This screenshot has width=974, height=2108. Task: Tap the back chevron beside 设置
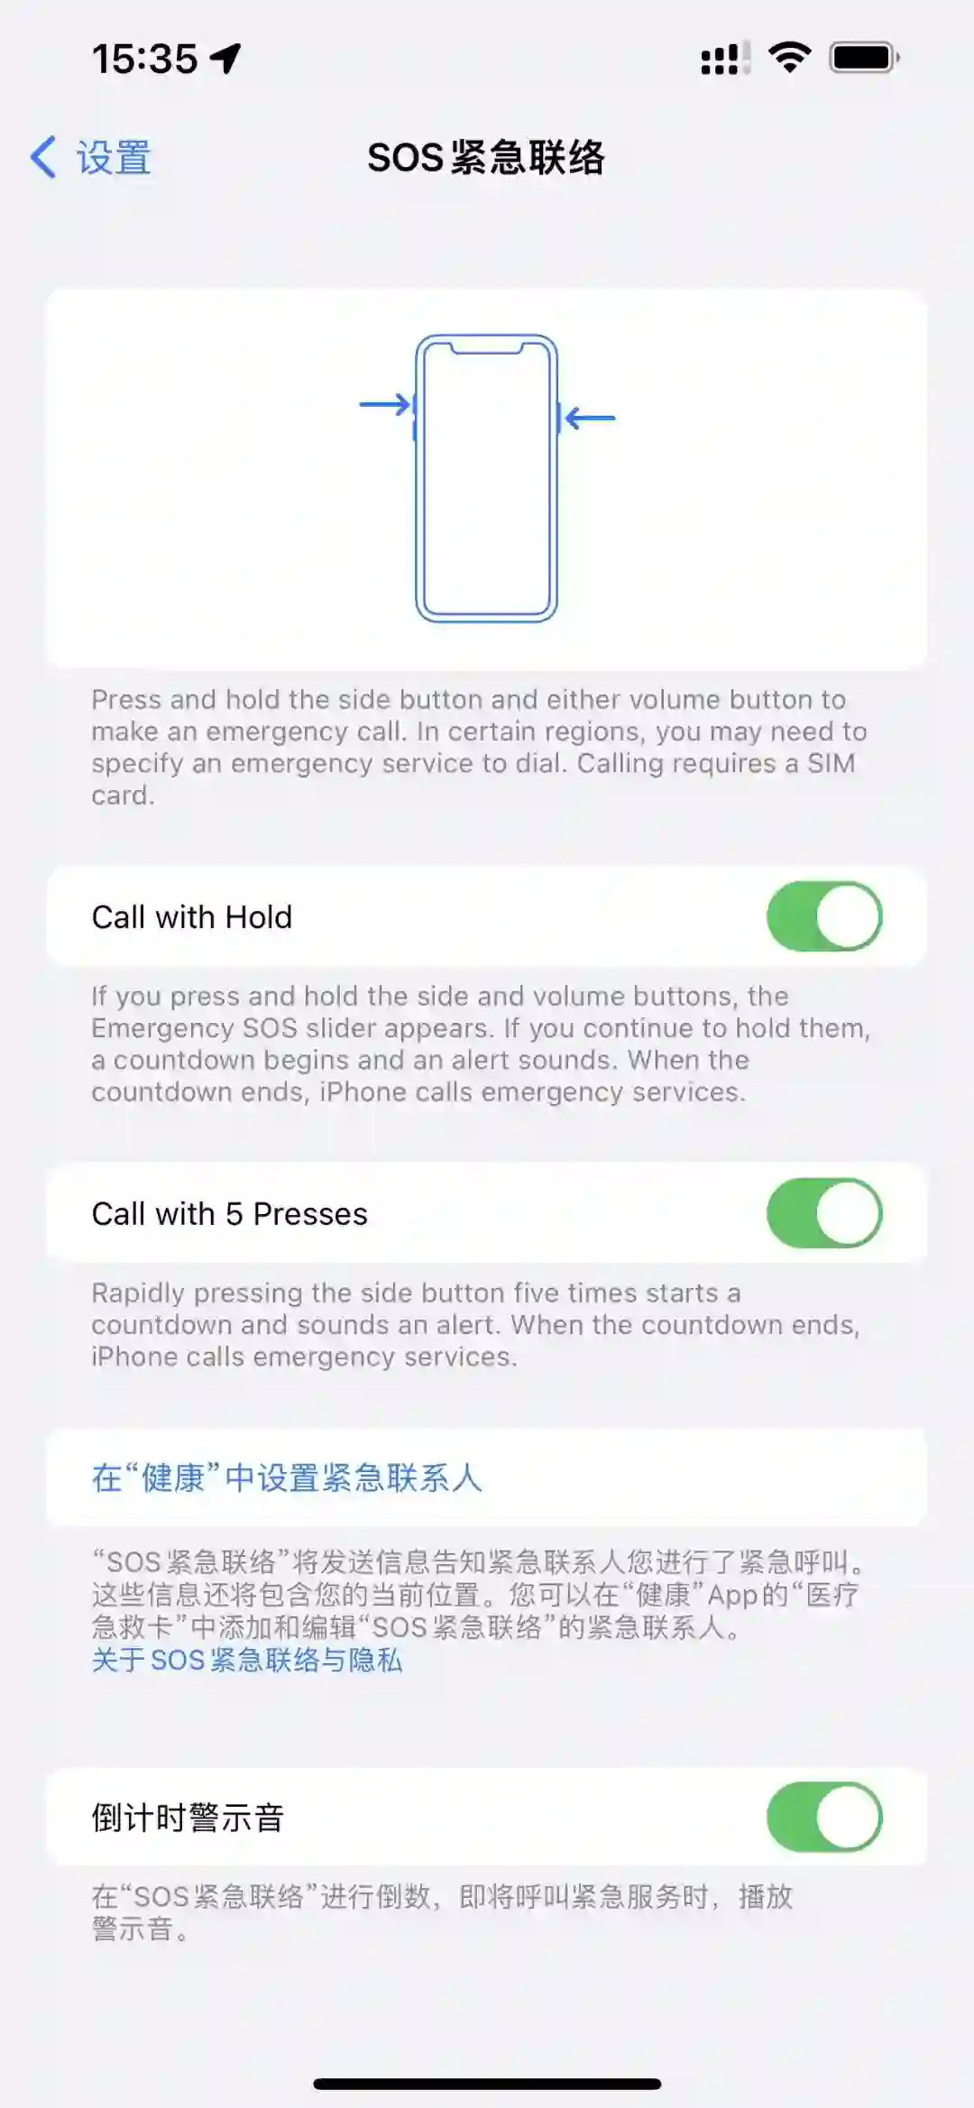click(x=43, y=157)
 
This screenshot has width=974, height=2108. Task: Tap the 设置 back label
click(x=114, y=158)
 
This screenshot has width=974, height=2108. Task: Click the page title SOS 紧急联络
click(x=486, y=158)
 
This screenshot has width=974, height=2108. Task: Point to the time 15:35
click(x=144, y=60)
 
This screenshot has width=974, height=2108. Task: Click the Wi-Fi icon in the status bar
click(x=789, y=58)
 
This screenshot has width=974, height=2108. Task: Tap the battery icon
click(x=865, y=58)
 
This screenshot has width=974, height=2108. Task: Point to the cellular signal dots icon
click(x=725, y=59)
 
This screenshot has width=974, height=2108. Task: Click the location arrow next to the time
click(x=225, y=59)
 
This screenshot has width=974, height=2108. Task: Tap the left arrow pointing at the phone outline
click(x=385, y=404)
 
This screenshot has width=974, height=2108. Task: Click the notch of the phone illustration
click(x=486, y=347)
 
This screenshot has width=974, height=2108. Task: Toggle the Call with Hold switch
click(x=824, y=916)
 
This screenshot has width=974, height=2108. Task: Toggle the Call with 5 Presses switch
click(x=824, y=1213)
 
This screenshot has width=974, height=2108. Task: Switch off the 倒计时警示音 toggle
click(x=824, y=1817)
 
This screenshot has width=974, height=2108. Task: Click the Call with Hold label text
click(x=192, y=917)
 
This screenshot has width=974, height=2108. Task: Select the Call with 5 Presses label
click(x=230, y=1214)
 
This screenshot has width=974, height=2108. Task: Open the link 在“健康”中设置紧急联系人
click(x=287, y=1478)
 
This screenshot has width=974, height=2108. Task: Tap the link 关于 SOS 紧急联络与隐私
click(x=247, y=1660)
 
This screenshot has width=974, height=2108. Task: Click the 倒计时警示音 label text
click(x=188, y=1818)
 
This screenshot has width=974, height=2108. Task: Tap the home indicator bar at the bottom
click(x=487, y=2084)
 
